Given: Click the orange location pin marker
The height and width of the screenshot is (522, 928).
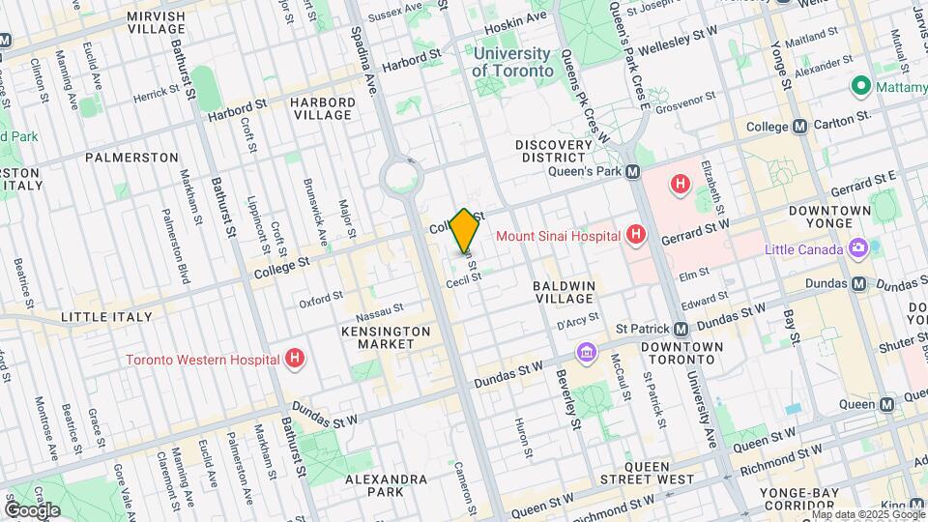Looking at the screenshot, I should tap(464, 230).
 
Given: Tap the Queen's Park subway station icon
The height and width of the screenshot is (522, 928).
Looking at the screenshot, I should tap(632, 171).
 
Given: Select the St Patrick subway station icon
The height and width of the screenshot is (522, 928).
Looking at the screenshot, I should tap(681, 329).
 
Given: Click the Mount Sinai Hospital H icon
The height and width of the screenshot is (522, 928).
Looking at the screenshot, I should tap(635, 234).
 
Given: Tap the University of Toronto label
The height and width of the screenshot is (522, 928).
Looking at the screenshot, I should tap(512, 63).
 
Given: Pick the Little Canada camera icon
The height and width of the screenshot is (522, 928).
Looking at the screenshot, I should tap(857, 248).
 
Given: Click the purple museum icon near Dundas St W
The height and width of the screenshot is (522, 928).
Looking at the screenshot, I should tap(585, 353).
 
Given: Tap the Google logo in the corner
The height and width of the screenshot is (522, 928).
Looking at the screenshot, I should tap(32, 509).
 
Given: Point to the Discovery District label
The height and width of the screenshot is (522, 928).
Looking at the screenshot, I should tap(552, 151).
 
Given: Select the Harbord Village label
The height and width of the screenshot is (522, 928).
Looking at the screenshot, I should tap(322, 108).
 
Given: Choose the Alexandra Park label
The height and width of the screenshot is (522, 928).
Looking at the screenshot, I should tap(386, 485).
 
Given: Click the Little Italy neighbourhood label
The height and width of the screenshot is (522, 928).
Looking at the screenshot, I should tap(106, 316).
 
